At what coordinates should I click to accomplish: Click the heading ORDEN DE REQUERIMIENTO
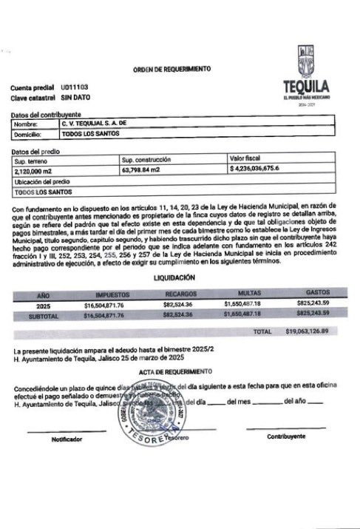click(171, 69)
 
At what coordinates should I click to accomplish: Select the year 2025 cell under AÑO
click(44, 304)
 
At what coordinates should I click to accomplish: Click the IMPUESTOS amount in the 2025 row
click(114, 304)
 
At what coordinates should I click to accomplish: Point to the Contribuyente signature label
click(285, 437)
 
